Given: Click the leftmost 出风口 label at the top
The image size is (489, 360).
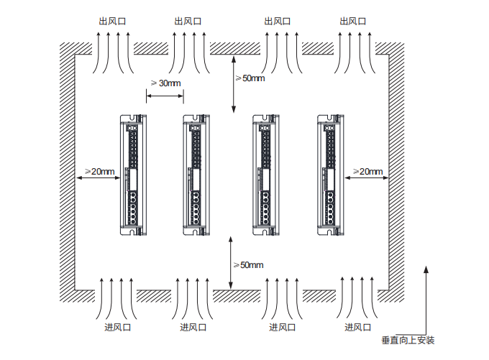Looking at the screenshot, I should [x=112, y=21].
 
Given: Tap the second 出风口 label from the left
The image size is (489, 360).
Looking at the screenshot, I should [x=188, y=21].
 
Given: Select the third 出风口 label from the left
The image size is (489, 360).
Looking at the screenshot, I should [x=278, y=21].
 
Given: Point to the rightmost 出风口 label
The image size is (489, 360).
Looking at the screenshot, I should [x=353, y=21].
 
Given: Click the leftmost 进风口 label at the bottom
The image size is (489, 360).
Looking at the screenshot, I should [x=117, y=328].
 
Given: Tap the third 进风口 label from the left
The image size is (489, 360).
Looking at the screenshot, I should [x=283, y=328].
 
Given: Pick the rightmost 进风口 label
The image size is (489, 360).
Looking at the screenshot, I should [x=358, y=328].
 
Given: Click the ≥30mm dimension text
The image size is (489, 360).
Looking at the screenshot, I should [x=165, y=83].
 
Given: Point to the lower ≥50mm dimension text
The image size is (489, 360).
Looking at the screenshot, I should [x=248, y=265].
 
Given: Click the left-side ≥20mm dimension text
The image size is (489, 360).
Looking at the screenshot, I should [x=99, y=171].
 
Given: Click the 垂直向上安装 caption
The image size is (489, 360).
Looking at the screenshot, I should [x=408, y=340].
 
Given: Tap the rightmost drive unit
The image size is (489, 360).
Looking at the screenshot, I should [x=328, y=175].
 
